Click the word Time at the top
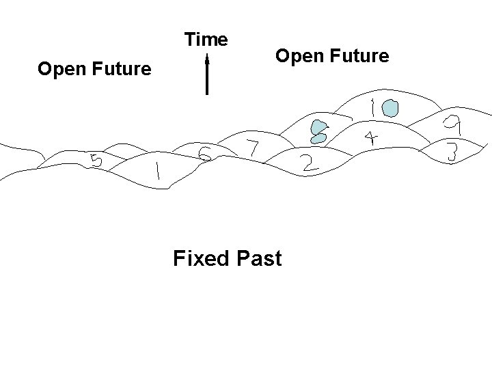pos(206,40)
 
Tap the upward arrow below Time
pos(206,75)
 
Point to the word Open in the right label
pos(298,55)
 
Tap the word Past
pos(259,259)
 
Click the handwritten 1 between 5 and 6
pos(158,171)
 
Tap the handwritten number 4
pos(370,138)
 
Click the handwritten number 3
pos(451,152)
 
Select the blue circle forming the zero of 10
pos(390,107)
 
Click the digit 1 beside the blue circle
pos(372,109)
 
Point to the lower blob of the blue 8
pos(318,137)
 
